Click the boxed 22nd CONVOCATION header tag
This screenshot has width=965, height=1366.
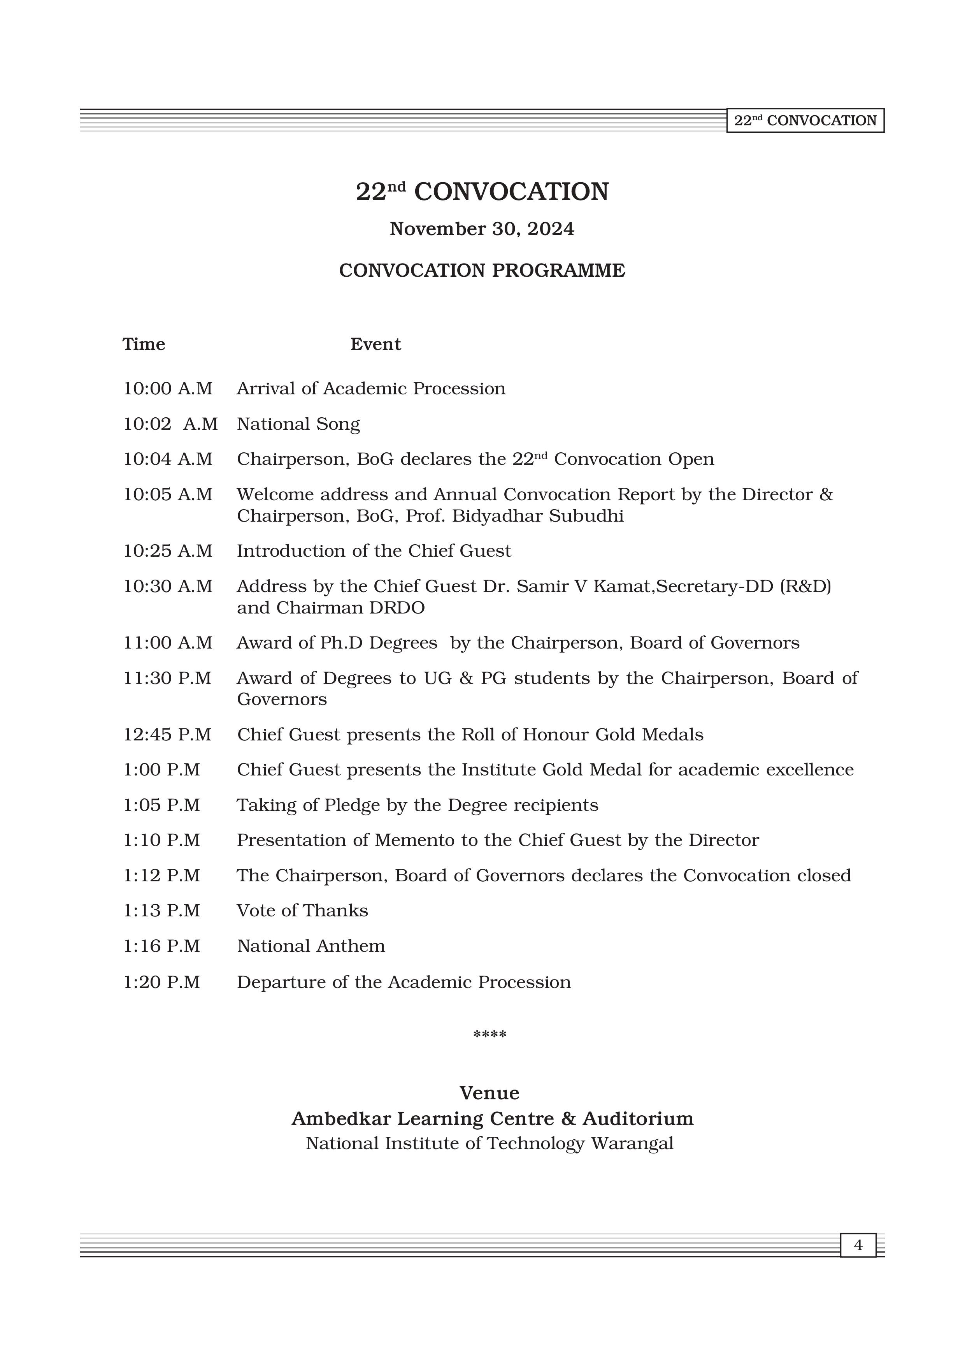(x=805, y=121)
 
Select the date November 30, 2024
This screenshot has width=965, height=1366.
(x=482, y=229)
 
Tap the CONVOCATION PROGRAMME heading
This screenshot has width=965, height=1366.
(x=482, y=271)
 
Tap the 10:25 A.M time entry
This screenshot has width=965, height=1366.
(x=168, y=551)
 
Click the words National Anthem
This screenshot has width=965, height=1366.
(x=311, y=946)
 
